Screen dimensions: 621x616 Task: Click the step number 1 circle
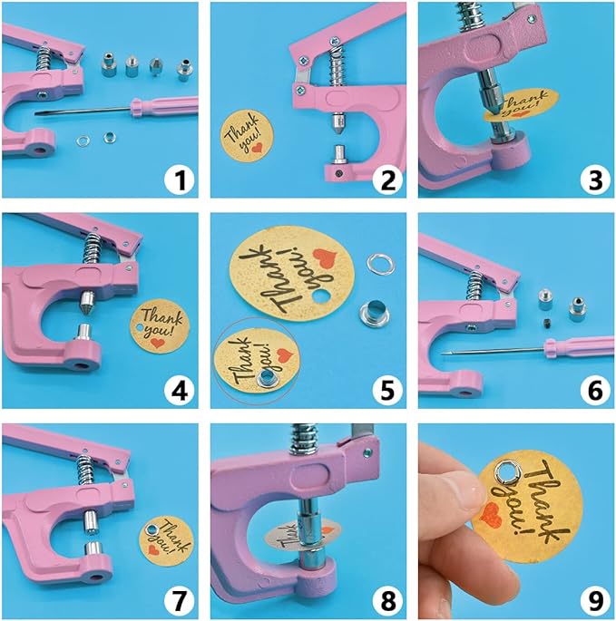point(181,180)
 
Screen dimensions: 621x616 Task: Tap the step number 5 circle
point(387,390)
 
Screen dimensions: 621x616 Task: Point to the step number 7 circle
point(181,599)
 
